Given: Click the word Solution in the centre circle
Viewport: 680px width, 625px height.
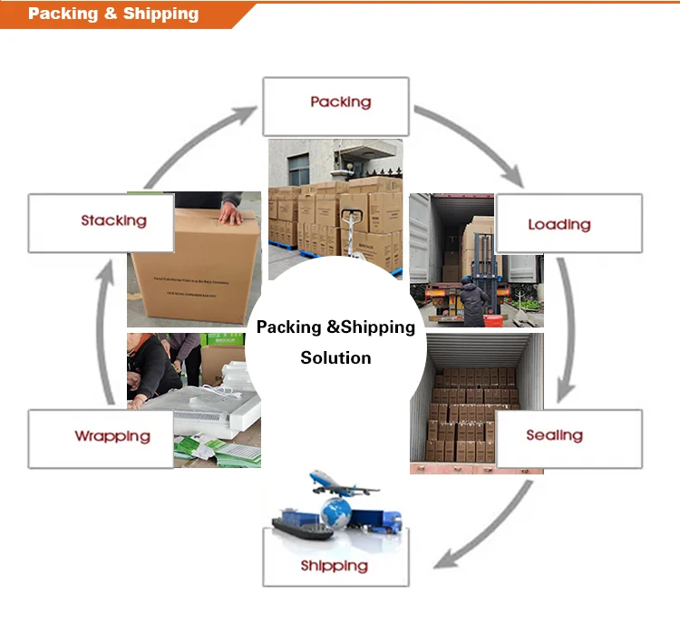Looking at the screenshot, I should pos(335,357).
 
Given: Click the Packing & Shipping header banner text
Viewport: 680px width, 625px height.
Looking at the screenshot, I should pos(113,14).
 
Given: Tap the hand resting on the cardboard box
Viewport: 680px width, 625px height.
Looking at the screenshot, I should pos(230,217).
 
